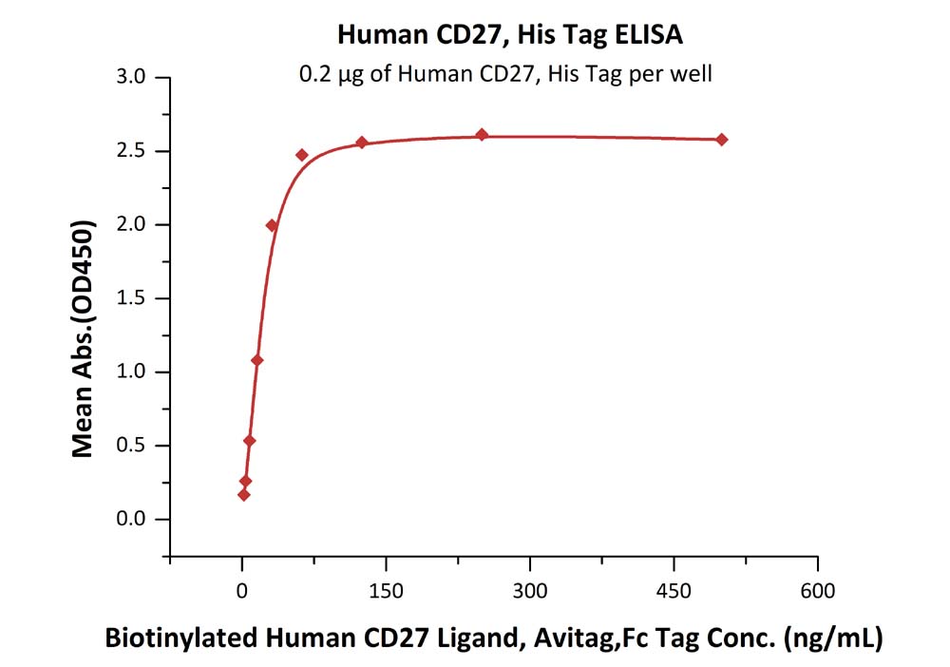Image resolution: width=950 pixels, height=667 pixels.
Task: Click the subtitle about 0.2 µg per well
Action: point(504,74)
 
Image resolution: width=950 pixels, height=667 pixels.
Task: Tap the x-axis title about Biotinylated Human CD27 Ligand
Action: point(493,638)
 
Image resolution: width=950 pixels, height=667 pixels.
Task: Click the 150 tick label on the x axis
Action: point(386,591)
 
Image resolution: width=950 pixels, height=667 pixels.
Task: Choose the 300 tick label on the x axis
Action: point(529,591)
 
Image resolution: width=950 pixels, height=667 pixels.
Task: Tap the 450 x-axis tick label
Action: point(674,591)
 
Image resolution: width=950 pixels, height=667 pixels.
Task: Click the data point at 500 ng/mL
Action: point(722,140)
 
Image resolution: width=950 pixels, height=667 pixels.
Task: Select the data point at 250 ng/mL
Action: point(482,135)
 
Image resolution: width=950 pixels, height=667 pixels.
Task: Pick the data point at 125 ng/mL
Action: point(362,143)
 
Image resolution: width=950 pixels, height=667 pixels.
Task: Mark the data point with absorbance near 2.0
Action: point(272,225)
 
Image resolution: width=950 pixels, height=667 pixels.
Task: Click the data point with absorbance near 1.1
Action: point(256,360)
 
